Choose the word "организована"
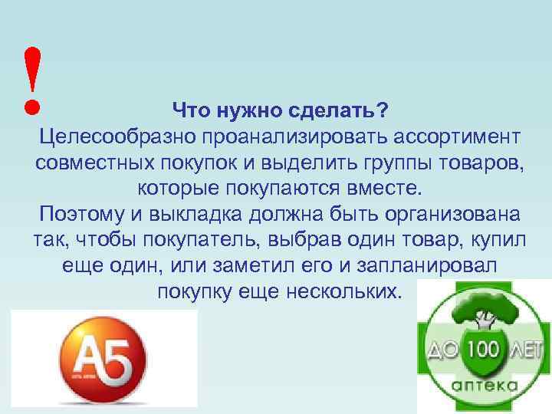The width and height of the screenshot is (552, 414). tap(447, 215)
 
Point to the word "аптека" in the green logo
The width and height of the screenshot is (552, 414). tap(483, 386)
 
